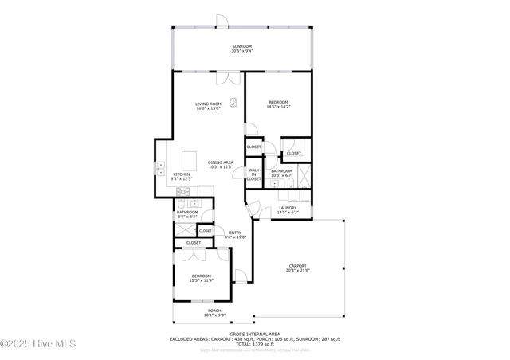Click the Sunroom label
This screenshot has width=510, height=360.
point(241,47)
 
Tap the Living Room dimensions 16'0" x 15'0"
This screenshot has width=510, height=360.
point(209,108)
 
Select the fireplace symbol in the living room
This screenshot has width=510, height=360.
point(234,101)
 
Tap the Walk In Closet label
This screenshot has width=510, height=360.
point(253,174)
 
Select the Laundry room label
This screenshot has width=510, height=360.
point(287,209)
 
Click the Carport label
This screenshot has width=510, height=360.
point(297,266)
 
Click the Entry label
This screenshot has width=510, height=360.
point(235,233)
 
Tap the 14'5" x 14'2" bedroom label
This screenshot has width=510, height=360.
point(278,104)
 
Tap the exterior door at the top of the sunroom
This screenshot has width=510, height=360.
point(222,21)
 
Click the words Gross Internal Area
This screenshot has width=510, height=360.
point(254,334)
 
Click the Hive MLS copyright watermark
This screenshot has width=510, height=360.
point(38,344)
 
